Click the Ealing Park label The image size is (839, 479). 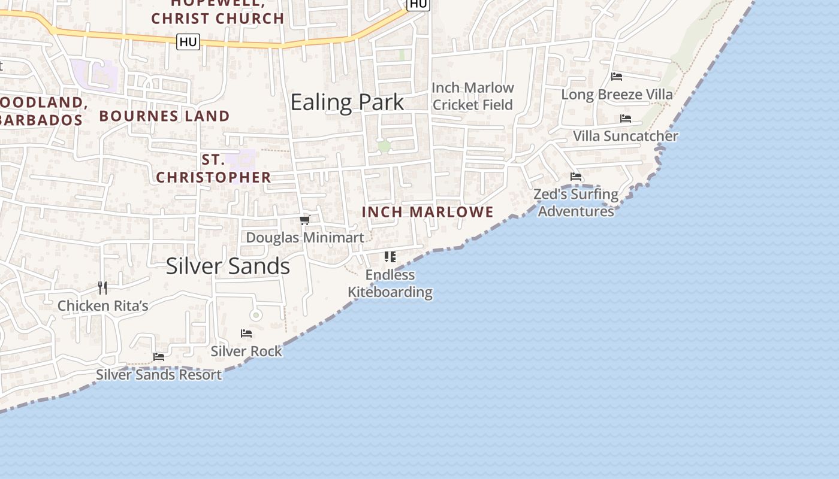pos(347,102)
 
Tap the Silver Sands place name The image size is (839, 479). pos(228,266)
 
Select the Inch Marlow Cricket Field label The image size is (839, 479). pos(473,96)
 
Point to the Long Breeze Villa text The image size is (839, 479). pos(617,94)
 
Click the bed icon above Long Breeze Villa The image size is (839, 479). pos(617,76)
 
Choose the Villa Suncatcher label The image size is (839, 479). pos(626,136)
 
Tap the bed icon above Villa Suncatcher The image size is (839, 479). pos(626,119)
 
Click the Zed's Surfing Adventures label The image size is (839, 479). pos(576,202)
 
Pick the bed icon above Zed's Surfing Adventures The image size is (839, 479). pos(576,177)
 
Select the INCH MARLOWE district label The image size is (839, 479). pos(428,212)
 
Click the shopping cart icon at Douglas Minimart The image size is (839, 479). pos(305,220)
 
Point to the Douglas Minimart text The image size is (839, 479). pos(305,238)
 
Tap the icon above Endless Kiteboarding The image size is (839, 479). pos(390,257)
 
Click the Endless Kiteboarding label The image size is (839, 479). pos(390,283)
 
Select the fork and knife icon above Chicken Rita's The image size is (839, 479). pos(102,288)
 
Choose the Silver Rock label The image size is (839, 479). pos(246,351)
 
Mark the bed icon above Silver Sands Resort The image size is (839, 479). pos(159,357)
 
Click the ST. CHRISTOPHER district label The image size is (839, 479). pos(213,168)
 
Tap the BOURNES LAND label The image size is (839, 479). pos(164,116)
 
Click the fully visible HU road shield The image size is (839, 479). pos(188,42)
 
